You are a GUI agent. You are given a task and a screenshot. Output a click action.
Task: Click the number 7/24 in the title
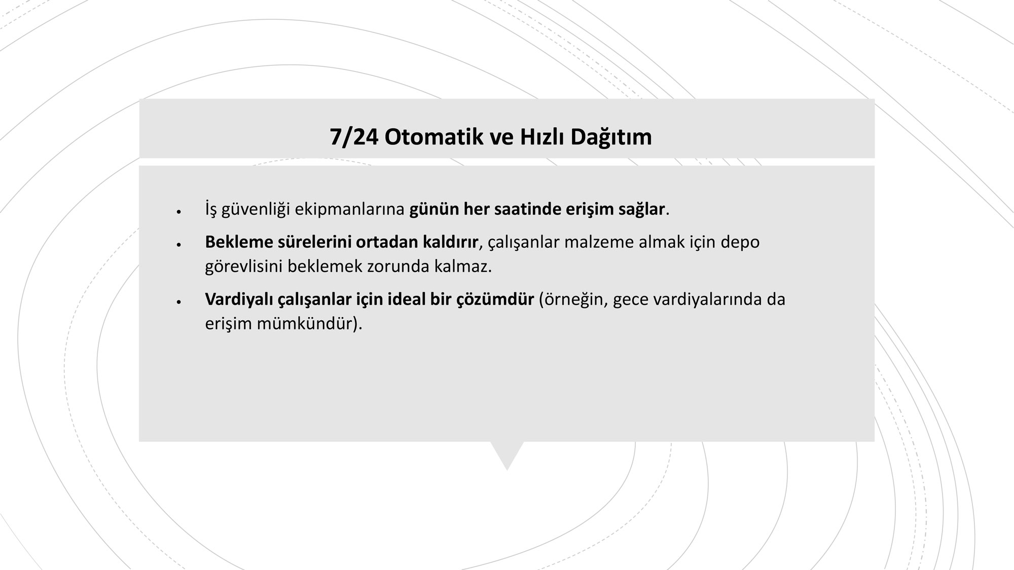point(354,137)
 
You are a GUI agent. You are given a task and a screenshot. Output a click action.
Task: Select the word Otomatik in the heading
point(428,137)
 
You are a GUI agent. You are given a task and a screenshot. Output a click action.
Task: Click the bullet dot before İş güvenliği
point(178,212)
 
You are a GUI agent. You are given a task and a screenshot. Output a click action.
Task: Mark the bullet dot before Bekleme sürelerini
point(178,245)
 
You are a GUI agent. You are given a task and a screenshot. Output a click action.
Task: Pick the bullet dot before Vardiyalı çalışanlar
point(178,302)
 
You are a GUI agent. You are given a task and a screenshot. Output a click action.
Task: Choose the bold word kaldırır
point(450,242)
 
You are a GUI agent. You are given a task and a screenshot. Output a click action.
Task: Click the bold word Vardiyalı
point(239,299)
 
